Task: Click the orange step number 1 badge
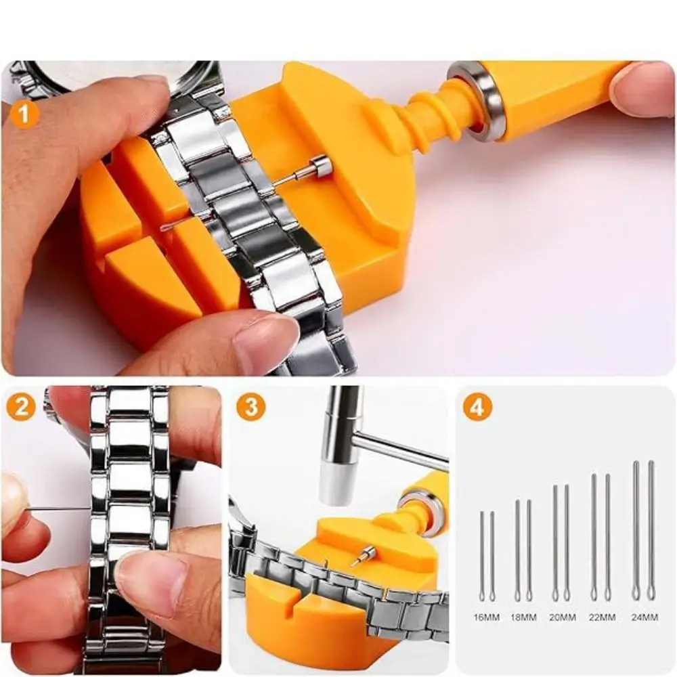(24, 113)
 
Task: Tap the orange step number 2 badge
(22, 407)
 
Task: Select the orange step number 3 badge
(251, 407)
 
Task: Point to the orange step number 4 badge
(477, 407)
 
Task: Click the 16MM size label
(486, 617)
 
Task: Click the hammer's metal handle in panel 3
(399, 450)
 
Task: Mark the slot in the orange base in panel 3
(299, 596)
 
